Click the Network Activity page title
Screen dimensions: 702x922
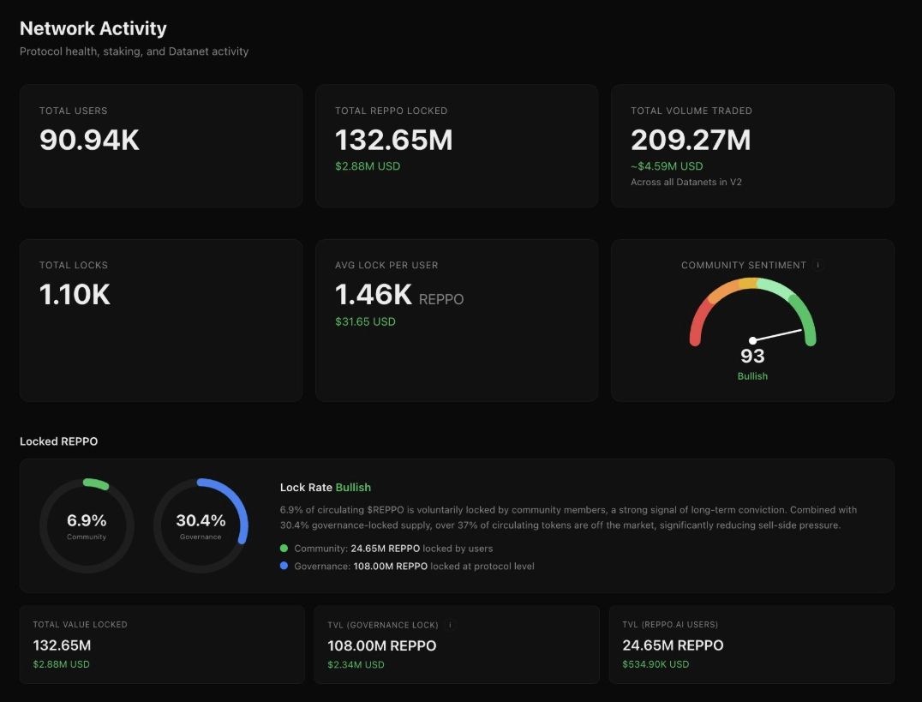coord(93,28)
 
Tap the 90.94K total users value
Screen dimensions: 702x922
coord(89,140)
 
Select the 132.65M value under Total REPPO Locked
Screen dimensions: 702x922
coord(393,140)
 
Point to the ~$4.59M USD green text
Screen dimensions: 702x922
coord(667,166)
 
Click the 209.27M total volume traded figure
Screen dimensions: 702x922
coord(691,140)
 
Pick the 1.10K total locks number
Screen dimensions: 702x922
coord(75,295)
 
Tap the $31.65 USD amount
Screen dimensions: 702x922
coord(365,321)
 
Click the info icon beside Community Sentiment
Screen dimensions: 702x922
coord(817,266)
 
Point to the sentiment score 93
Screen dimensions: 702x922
coord(752,356)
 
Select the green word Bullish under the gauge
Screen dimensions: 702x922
coord(752,376)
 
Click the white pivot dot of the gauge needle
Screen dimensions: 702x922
coord(752,340)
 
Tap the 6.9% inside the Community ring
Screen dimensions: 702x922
coord(87,520)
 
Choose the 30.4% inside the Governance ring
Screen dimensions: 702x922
coord(201,520)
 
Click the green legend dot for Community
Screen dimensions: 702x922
coord(284,549)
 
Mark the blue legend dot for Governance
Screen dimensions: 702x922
coord(284,567)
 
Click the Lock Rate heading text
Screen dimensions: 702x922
coord(306,488)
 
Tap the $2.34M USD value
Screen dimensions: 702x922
coord(356,664)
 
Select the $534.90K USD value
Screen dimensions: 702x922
coord(656,664)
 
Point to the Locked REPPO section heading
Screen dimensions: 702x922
coord(58,441)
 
